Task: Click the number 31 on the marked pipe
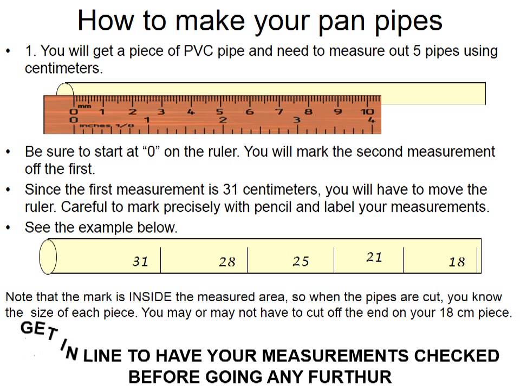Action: click(140, 261)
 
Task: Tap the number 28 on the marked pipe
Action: click(227, 262)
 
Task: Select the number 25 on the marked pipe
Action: click(301, 261)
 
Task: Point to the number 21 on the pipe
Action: click(374, 257)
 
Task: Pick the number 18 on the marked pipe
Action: click(457, 262)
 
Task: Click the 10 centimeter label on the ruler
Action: click(367, 112)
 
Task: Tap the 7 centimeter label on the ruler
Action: click(279, 112)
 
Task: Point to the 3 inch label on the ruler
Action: click(296, 120)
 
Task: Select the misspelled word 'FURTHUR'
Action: click(350, 377)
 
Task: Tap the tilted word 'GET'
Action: click(39, 330)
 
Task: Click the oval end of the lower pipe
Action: click(48, 257)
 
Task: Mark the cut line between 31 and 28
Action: click(160, 260)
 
